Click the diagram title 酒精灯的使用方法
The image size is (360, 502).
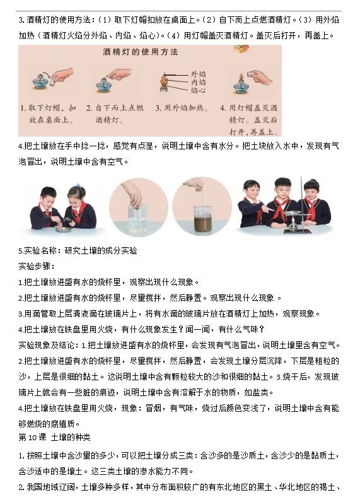pyautogui.click(x=140, y=52)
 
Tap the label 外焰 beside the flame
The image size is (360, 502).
pyautogui.click(x=199, y=74)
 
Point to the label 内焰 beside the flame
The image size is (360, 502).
pyautogui.click(x=199, y=82)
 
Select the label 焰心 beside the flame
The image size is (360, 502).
pyautogui.click(x=199, y=90)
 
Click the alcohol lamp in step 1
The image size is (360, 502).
pyautogui.click(x=40, y=82)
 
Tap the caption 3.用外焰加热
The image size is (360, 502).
pyautogui.click(x=182, y=108)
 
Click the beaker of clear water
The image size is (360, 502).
pyautogui.click(x=138, y=218)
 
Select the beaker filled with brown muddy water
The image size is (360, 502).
pyautogui.click(x=202, y=220)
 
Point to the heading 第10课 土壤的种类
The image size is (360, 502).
pyautogui.click(x=54, y=437)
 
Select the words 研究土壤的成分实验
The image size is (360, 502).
pyautogui.click(x=101, y=250)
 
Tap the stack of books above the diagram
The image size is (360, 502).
pyautogui.click(x=241, y=49)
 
